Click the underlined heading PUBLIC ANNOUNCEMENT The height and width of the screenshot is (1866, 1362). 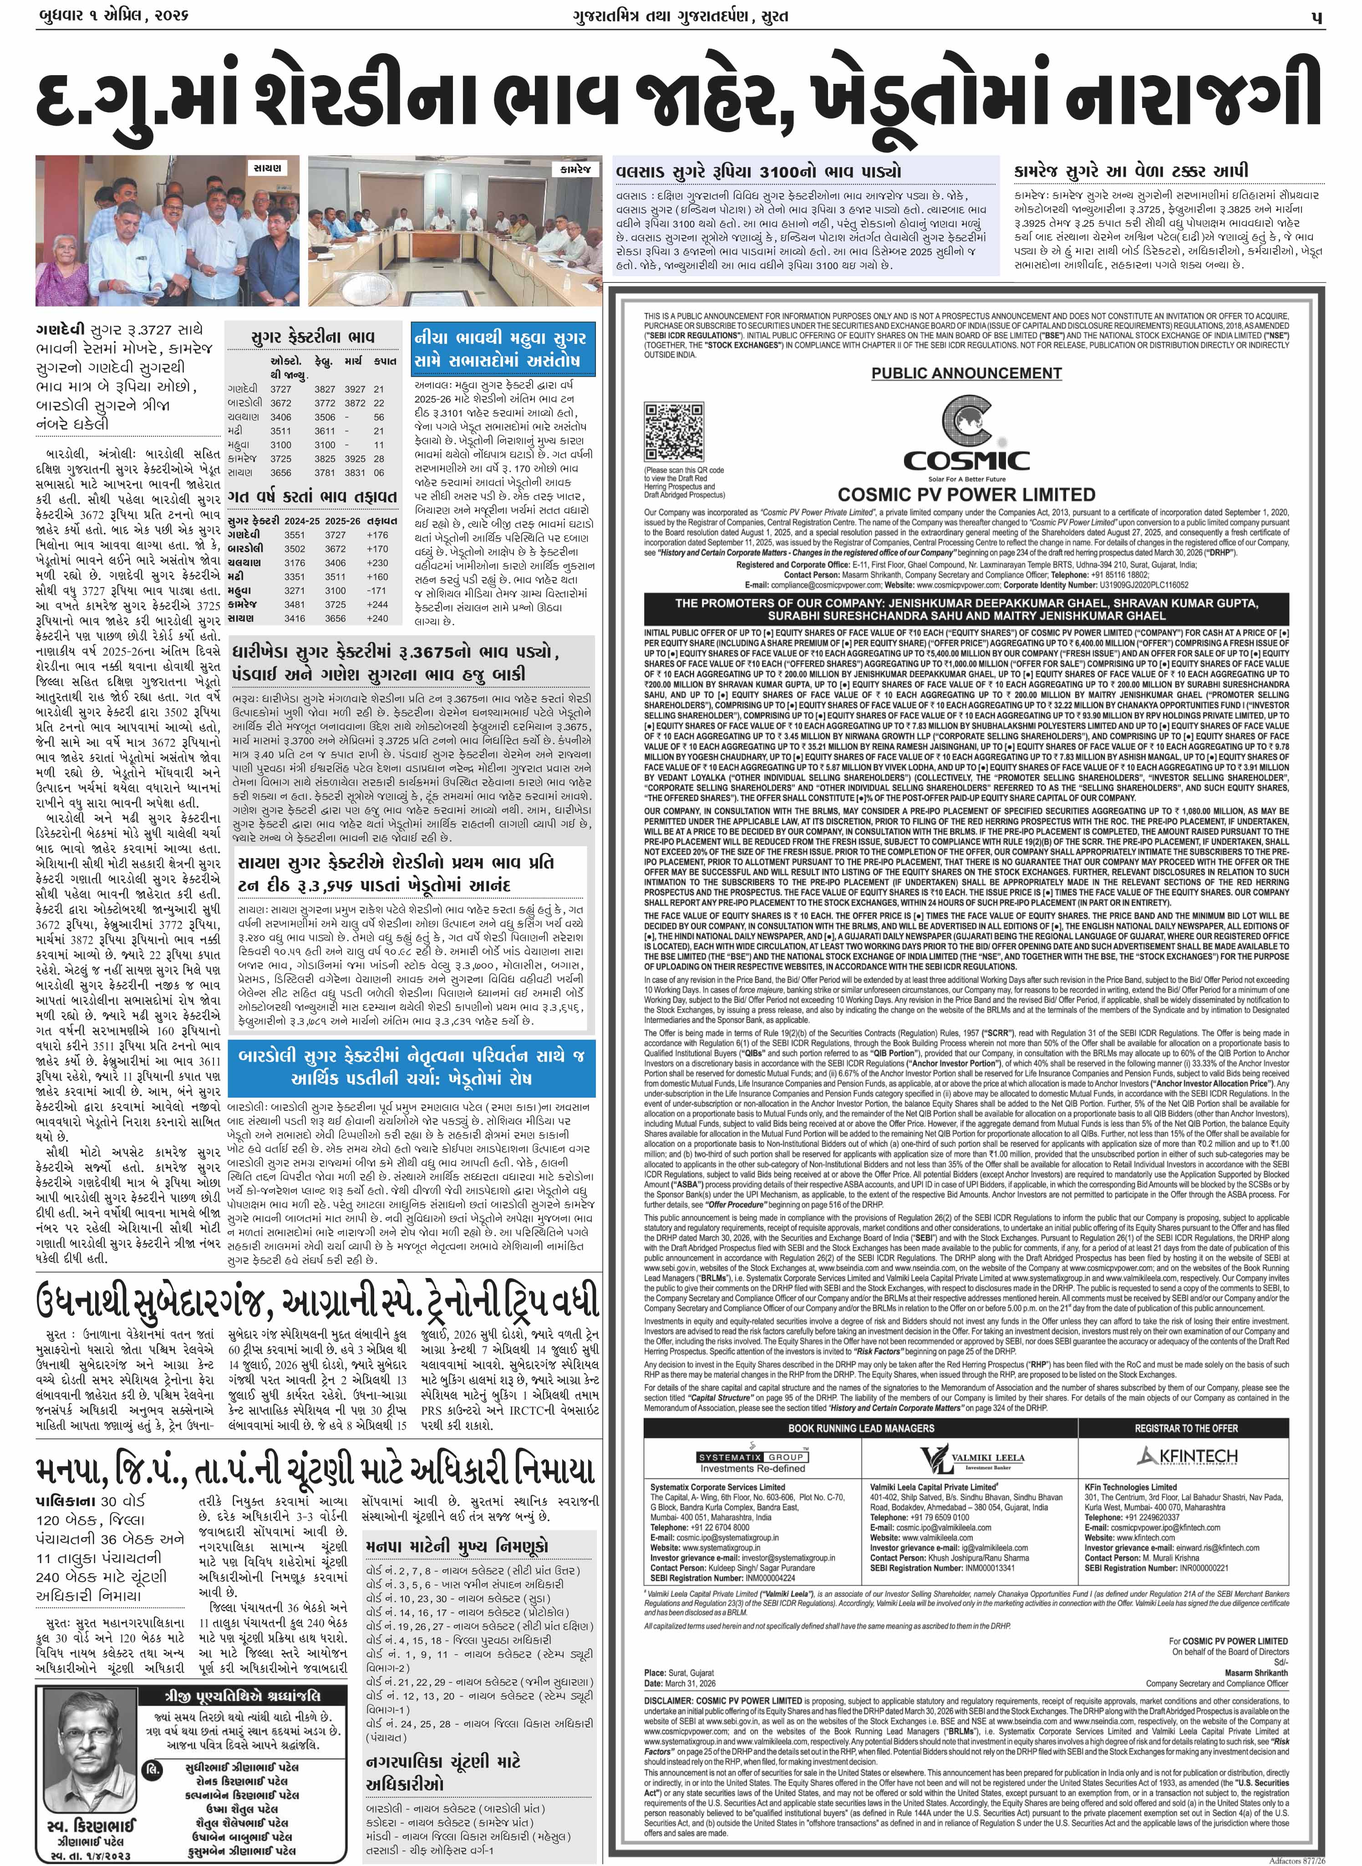pyautogui.click(x=966, y=373)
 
